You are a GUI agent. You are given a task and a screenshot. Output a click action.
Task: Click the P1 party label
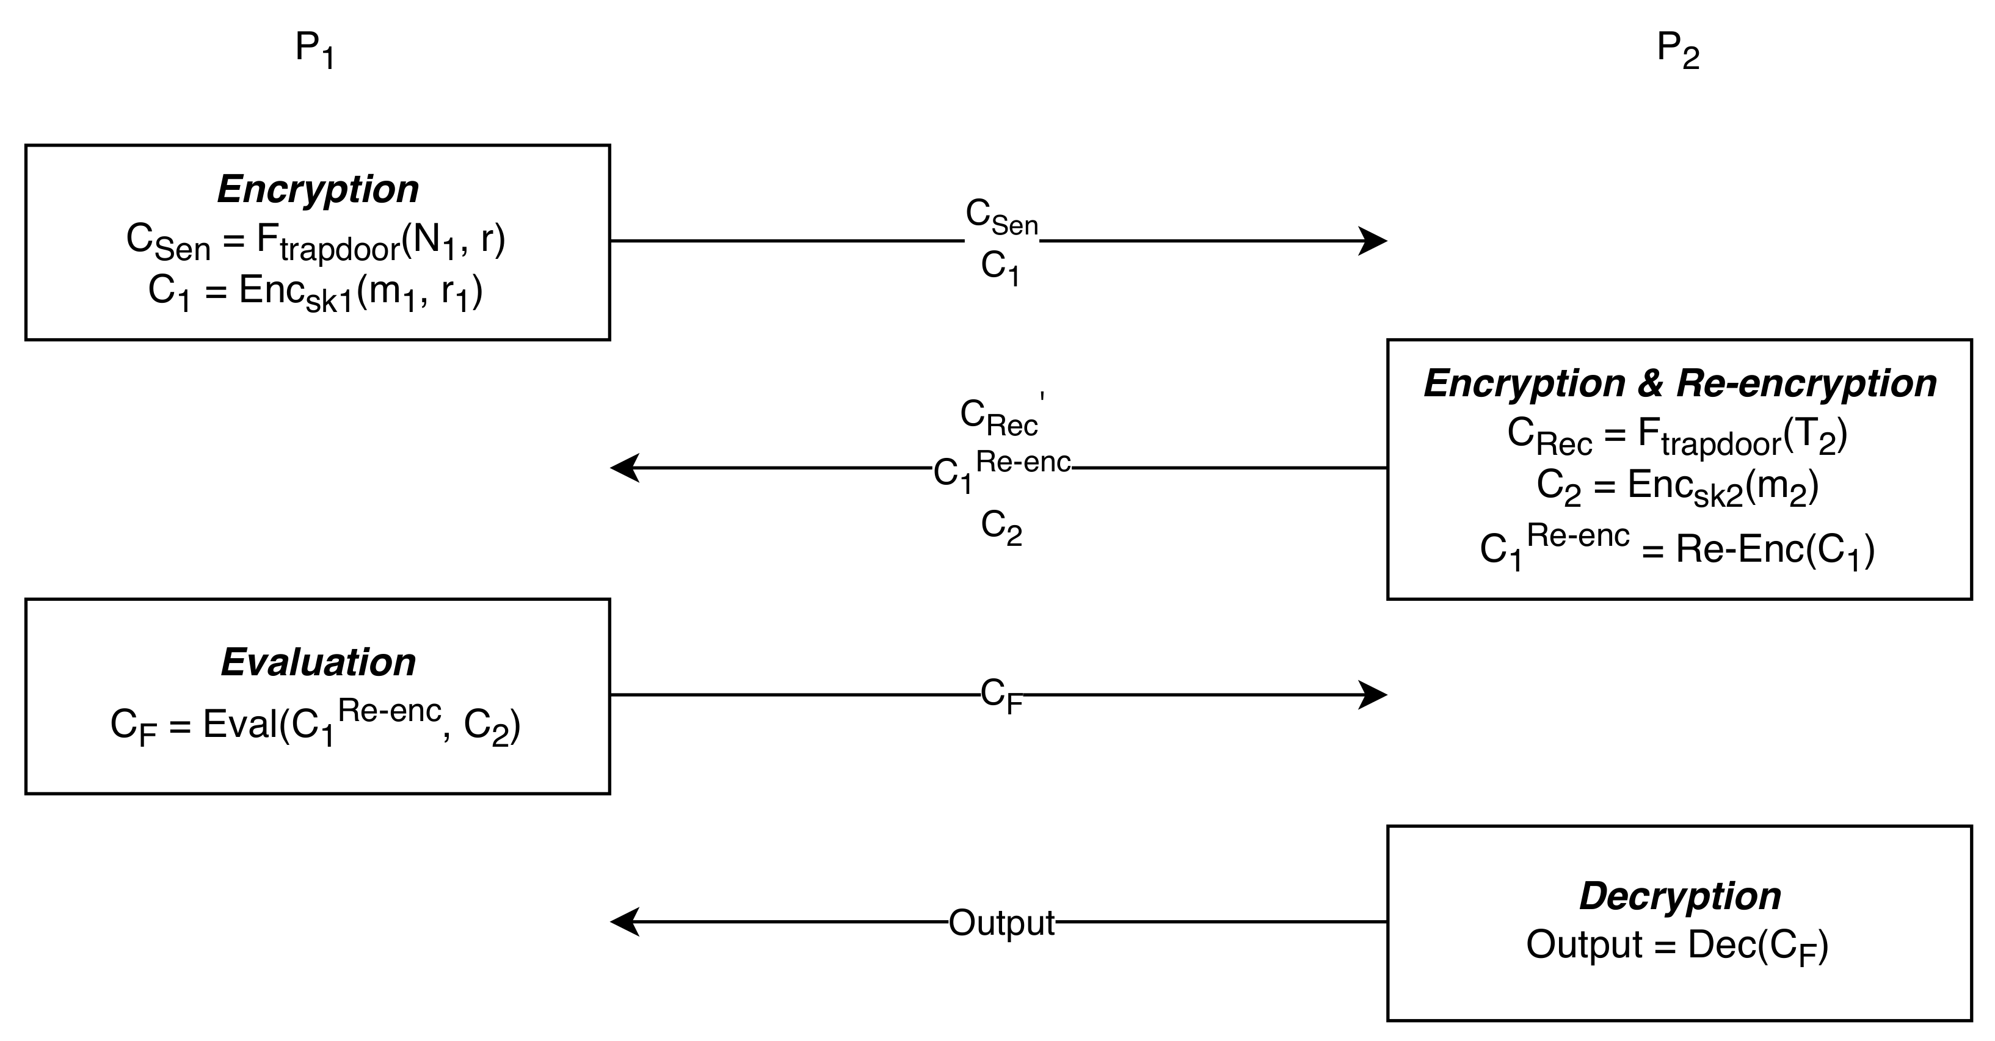[x=314, y=49]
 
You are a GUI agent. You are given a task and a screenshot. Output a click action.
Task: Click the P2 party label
[x=1677, y=49]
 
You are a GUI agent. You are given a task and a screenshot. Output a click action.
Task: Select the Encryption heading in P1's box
[x=318, y=189]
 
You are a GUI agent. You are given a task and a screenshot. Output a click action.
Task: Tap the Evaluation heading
[x=318, y=662]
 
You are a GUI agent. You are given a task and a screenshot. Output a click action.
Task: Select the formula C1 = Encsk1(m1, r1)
[x=316, y=293]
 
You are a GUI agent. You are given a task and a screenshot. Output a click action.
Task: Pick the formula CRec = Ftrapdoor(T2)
[x=1677, y=436]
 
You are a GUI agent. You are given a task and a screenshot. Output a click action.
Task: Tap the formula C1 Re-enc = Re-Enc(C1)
[x=1677, y=548]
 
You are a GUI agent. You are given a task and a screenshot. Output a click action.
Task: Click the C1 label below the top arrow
[x=1000, y=268]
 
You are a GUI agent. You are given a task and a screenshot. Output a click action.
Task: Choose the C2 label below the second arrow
[x=1001, y=527]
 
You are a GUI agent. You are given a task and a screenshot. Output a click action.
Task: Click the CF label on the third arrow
[x=1001, y=695]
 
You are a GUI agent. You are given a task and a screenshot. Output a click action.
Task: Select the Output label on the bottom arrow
[x=1001, y=923]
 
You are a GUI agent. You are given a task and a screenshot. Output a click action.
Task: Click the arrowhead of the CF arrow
[x=1374, y=695]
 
